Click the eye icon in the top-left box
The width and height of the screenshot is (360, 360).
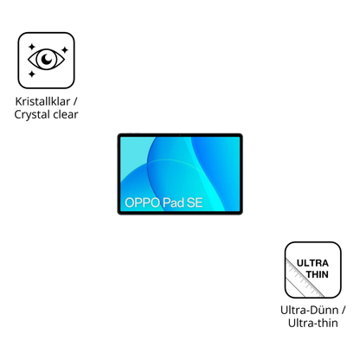point(46,60)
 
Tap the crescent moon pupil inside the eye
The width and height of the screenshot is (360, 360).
point(47,60)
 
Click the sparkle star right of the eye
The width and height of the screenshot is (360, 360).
point(65,50)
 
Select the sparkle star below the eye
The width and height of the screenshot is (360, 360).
point(32,74)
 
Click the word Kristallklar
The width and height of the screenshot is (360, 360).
point(42,101)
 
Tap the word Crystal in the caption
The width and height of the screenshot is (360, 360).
point(32,115)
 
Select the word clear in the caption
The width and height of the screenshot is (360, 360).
point(66,114)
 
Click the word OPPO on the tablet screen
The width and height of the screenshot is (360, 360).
point(142,202)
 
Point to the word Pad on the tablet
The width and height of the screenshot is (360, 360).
point(173,202)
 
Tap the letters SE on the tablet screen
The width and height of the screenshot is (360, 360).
point(195,202)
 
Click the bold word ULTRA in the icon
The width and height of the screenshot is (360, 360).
point(312,263)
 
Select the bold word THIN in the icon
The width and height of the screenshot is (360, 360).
point(318,274)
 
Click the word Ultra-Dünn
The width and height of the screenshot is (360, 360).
point(309,311)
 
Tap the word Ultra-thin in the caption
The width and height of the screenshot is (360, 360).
point(313,323)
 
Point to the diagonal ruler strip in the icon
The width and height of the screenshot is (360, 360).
point(303,278)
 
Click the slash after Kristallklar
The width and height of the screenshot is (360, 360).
point(75,101)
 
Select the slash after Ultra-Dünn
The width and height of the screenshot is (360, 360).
point(343,311)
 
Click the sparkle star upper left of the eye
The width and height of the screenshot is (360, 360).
point(32,47)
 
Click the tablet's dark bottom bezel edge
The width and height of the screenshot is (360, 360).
point(180,213)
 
